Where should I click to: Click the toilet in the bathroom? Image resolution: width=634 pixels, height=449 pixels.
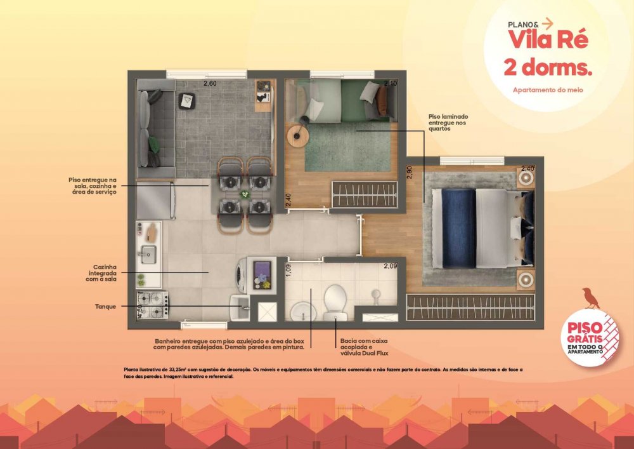[335, 301]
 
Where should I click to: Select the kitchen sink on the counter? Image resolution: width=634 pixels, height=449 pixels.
[148, 254]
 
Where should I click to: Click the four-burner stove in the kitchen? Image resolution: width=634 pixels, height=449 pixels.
[152, 305]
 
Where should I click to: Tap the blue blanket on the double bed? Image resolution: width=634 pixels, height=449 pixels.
[458, 229]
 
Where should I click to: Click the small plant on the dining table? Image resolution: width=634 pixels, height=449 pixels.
[245, 194]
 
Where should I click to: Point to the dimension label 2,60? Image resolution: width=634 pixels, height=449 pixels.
[210, 84]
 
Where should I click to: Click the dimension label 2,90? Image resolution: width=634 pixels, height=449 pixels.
[410, 173]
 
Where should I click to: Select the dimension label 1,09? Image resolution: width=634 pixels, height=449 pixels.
[288, 271]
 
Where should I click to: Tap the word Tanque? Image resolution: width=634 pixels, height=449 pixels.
[105, 307]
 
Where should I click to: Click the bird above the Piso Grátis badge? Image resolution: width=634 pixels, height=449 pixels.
[591, 298]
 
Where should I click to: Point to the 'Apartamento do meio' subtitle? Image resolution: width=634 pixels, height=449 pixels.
[548, 90]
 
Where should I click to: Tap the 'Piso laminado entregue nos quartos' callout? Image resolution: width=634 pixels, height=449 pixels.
[448, 123]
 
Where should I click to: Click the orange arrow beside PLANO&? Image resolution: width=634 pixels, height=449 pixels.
[547, 23]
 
